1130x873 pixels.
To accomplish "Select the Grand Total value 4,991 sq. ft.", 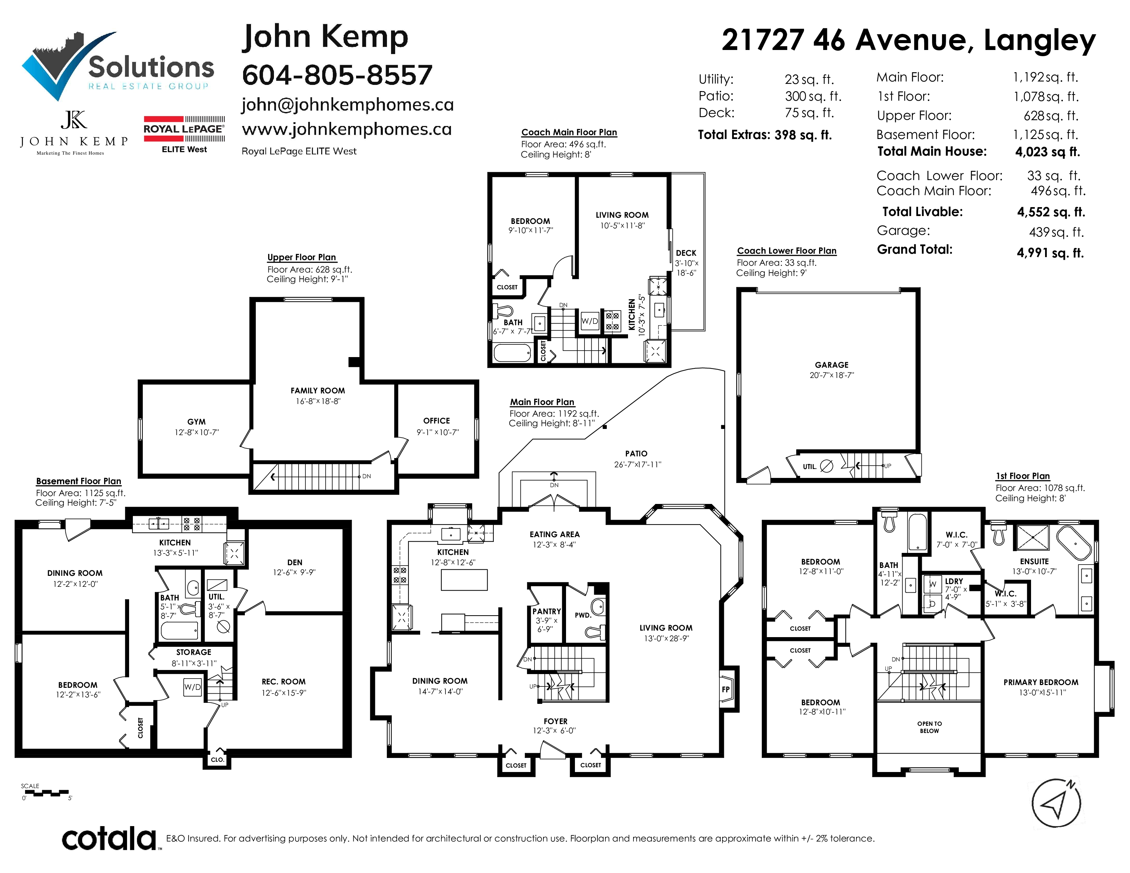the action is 1050,253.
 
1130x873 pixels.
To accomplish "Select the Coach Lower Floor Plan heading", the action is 787,251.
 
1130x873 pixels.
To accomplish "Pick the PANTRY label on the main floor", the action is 547,611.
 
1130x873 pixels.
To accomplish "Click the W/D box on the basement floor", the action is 192,687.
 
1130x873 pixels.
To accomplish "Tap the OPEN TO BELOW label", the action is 929,727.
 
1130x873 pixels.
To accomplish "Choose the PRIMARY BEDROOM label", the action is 1041,682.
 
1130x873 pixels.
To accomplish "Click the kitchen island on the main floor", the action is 464,580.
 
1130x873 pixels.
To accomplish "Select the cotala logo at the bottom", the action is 109,838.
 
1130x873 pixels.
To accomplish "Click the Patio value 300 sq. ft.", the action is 813,96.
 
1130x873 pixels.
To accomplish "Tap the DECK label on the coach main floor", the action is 686,253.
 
